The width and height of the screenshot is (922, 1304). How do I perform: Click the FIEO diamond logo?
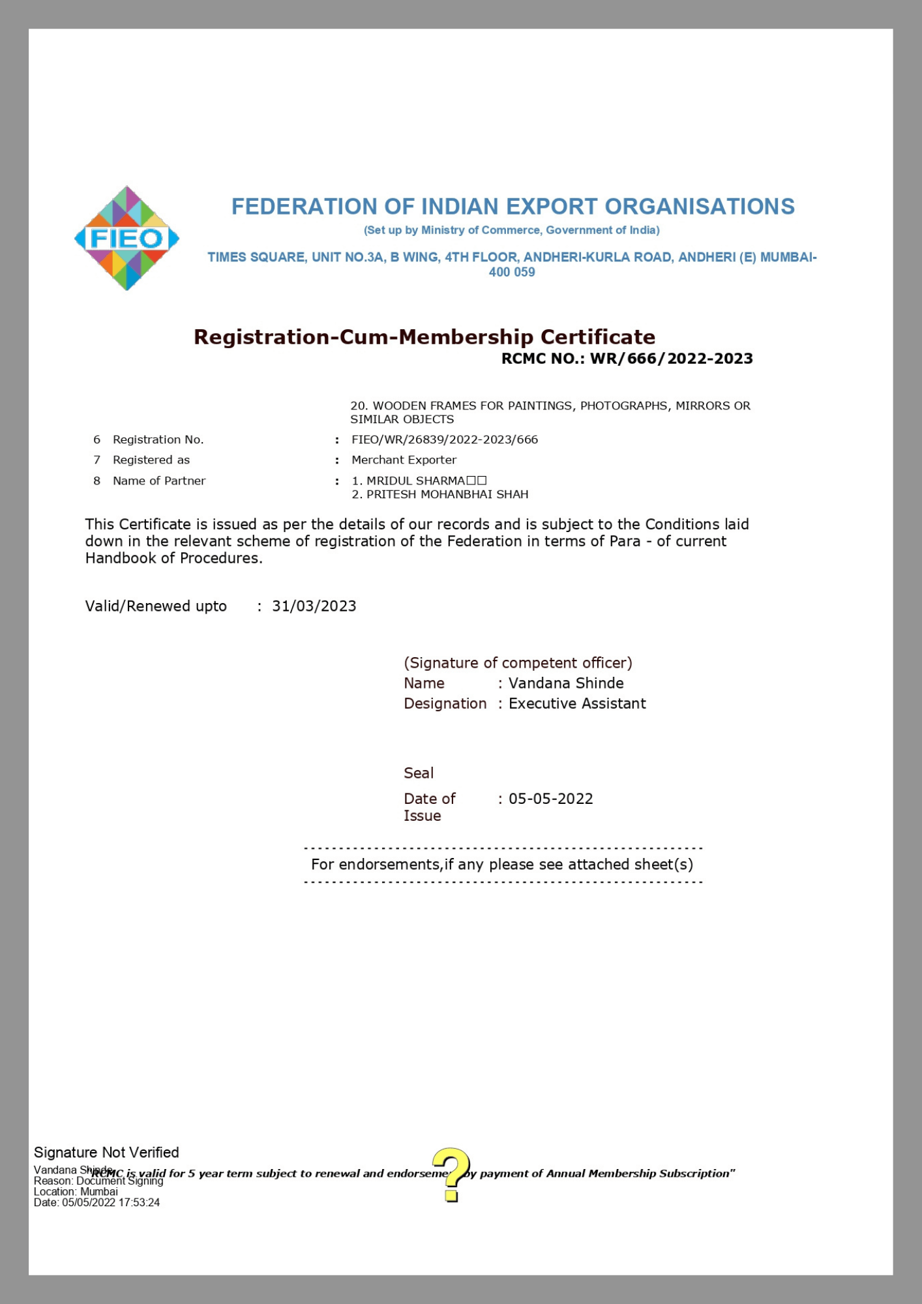126,238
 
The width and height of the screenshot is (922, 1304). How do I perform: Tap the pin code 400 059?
512,273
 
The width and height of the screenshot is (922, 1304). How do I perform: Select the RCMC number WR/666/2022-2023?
671,359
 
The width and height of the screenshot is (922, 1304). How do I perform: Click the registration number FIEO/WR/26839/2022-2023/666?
445,439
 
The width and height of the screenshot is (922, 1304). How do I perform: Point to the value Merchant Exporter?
404,460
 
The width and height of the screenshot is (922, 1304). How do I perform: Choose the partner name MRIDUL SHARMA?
415,481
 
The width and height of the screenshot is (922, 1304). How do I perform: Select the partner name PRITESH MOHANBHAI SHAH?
447,494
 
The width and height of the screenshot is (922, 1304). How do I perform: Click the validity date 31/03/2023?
314,606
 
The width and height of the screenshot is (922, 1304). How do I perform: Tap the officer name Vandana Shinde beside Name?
566,683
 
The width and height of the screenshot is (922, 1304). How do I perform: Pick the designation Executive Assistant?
577,704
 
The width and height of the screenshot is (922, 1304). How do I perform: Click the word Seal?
419,773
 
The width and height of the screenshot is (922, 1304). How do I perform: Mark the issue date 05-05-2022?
550,799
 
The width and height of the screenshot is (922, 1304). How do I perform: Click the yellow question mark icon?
451,1174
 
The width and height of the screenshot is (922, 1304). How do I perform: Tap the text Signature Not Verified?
106,1153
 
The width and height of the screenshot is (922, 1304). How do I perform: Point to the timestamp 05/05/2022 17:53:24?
111,1202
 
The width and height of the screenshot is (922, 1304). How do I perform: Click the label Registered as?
151,460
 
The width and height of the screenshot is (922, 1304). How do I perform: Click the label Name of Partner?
159,481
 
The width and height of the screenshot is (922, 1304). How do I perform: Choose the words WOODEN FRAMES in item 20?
424,406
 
